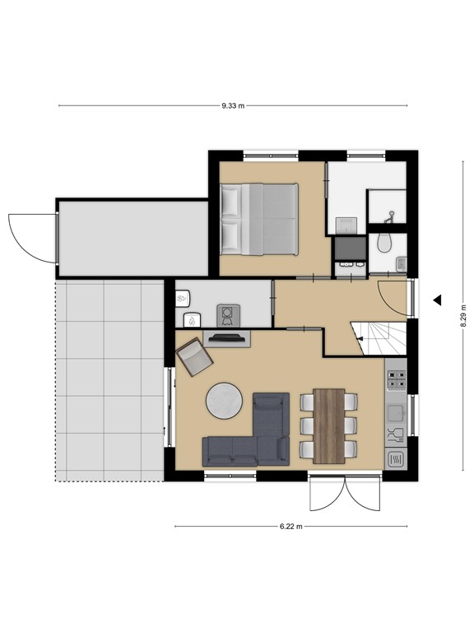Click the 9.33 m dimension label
233,106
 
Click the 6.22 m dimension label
291,527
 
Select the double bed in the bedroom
259,219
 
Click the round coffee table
224,401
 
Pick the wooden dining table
329,426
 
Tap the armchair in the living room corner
195,356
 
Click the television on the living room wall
227,338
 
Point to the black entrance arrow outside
437,300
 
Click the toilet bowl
383,243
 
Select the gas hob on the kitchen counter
397,379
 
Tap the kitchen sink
396,413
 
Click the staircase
378,338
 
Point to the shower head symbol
390,217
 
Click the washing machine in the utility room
228,316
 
